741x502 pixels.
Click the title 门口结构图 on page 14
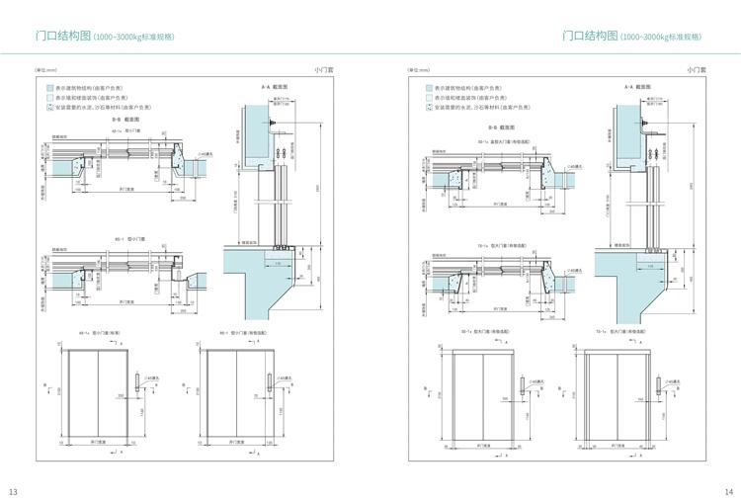[x=590, y=36]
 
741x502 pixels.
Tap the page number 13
[x=13, y=491]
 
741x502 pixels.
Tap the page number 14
[x=728, y=491]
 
